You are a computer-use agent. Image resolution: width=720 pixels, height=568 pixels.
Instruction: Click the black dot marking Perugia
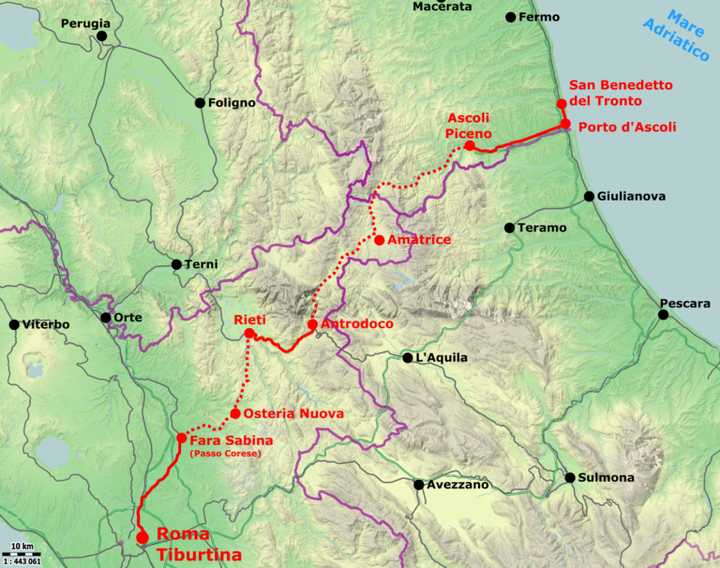coord(101,37)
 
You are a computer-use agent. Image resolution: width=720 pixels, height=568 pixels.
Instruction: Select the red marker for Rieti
coord(249,334)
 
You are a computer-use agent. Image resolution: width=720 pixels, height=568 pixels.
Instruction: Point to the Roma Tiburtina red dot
coord(142,537)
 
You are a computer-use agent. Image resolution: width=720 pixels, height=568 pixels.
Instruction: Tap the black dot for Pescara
coord(663,315)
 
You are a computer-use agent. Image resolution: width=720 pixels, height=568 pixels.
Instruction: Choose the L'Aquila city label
coord(442,358)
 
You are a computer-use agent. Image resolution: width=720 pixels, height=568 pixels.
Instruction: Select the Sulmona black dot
coord(570,478)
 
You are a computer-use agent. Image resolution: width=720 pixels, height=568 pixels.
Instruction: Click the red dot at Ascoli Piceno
coord(470,145)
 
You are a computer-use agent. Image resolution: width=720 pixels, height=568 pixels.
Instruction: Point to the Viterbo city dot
coord(14,325)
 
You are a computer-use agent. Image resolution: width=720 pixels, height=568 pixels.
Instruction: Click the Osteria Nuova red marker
coord(234,413)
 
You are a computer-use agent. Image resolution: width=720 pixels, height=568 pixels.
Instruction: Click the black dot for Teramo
coord(509,228)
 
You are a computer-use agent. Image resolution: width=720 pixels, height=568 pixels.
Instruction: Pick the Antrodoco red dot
coord(312,324)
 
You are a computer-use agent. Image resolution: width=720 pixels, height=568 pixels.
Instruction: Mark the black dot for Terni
coord(176,264)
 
